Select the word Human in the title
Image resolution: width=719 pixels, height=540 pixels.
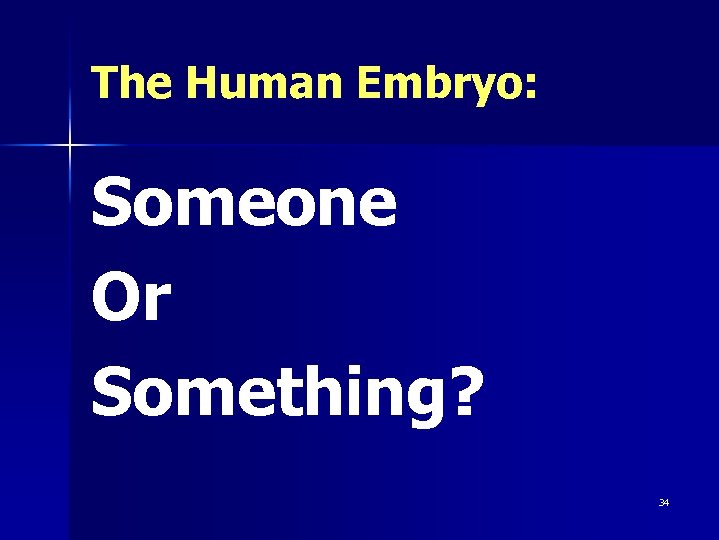tap(265, 84)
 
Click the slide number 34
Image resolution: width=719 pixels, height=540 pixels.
tap(664, 502)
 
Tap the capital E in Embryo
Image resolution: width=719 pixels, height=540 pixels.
tap(367, 84)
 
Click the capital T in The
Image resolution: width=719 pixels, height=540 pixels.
tap(102, 84)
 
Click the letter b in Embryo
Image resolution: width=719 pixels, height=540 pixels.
tap(423, 84)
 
